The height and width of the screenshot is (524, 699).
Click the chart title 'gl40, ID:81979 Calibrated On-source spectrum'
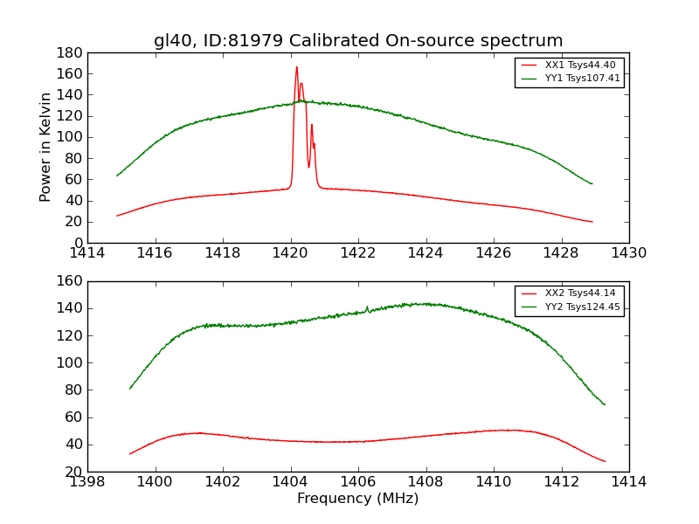pyautogui.click(x=358, y=40)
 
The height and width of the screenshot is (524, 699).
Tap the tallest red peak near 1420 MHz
pyautogui.click(x=296, y=67)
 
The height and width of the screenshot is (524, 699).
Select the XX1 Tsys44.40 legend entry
pyautogui.click(x=569, y=65)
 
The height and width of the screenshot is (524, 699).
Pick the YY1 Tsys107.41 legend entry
pyautogui.click(x=569, y=79)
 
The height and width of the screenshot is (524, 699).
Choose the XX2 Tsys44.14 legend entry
pyautogui.click(x=569, y=293)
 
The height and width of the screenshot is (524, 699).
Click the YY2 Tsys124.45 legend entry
pyautogui.click(x=569, y=307)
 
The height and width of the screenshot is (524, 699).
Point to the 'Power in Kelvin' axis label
pyautogui.click(x=46, y=148)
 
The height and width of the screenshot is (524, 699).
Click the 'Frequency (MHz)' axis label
pyautogui.click(x=358, y=499)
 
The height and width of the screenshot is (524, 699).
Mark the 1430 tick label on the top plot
pyautogui.click(x=629, y=253)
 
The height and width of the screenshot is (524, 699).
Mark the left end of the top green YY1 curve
pyautogui.click(x=117, y=176)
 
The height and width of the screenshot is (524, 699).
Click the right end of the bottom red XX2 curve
pyautogui.click(x=605, y=461)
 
